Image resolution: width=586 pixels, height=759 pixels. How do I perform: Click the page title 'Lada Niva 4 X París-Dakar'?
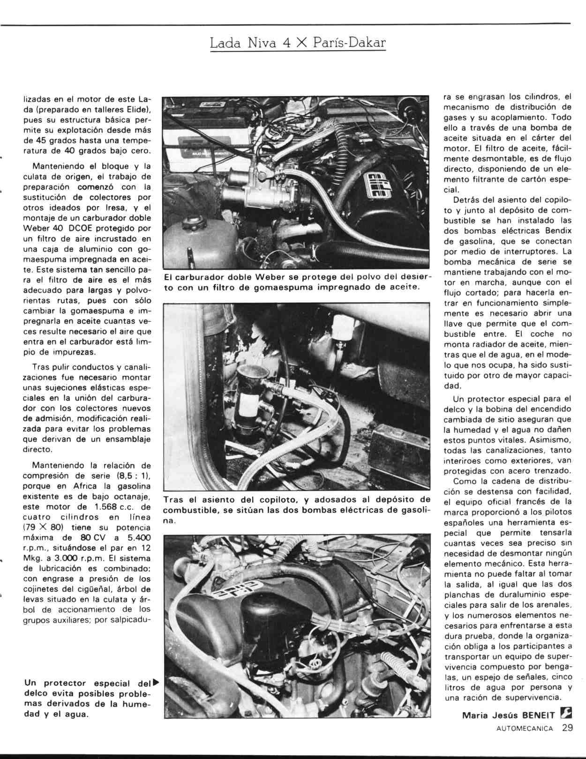tap(298, 43)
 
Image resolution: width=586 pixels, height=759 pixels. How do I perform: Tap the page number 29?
tap(567, 728)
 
